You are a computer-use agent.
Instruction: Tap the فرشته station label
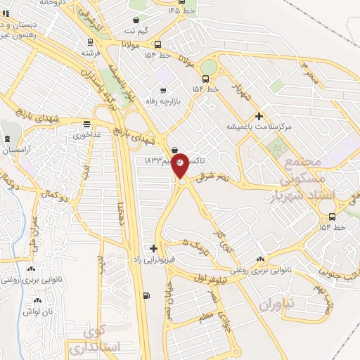coord(91,53)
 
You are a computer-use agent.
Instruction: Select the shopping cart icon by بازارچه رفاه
coord(164,90)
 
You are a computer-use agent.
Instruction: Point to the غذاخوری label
coord(89,134)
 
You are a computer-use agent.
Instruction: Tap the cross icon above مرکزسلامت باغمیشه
coord(259,116)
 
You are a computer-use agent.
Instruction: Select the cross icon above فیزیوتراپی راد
coord(153,248)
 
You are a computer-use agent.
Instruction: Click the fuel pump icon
coord(146,295)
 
